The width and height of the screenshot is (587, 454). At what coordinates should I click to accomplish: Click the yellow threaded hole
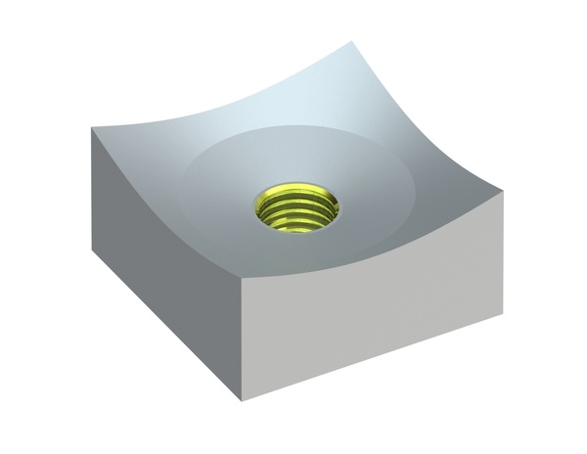[297, 208]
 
